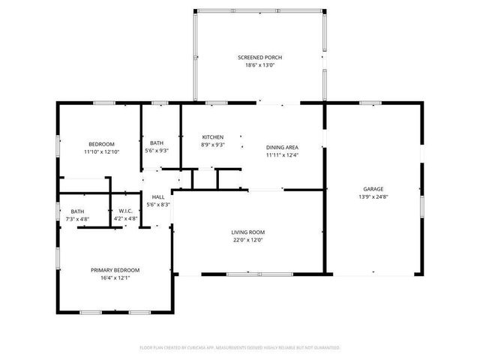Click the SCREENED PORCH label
click(x=259, y=57)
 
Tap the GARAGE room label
click(x=373, y=189)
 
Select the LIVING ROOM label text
click(x=247, y=232)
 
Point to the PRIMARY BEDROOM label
click(x=115, y=270)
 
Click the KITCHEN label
click(x=212, y=137)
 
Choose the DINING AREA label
click(x=282, y=148)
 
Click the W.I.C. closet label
click(x=125, y=211)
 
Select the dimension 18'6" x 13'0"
click(x=259, y=65)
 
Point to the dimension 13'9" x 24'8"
click(x=373, y=196)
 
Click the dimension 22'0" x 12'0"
click(x=247, y=240)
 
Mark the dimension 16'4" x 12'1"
click(x=115, y=277)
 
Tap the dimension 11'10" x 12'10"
click(x=101, y=151)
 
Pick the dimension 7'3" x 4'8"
click(x=78, y=219)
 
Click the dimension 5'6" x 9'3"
click(x=157, y=151)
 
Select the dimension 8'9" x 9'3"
click(x=212, y=145)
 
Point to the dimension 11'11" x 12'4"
click(x=282, y=155)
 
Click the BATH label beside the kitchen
click(x=157, y=142)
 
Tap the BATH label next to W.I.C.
click(x=78, y=211)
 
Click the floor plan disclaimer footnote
click(x=240, y=347)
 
